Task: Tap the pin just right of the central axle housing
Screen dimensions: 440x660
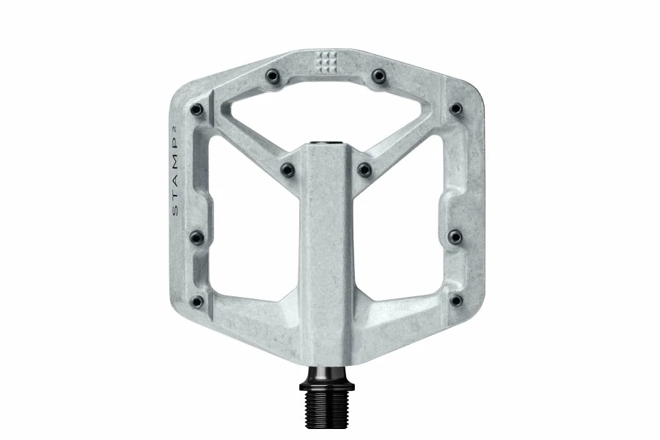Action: point(365,169)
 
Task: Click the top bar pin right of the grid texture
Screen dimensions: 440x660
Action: point(379,75)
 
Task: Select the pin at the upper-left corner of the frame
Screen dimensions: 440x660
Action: point(197,109)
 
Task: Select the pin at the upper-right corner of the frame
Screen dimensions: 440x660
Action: point(456,109)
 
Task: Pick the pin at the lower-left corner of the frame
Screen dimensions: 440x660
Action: point(197,301)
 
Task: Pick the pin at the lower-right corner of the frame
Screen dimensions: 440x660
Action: point(456,300)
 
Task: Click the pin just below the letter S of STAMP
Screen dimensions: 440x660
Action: point(197,237)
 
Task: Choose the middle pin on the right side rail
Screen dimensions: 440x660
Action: point(455,236)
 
